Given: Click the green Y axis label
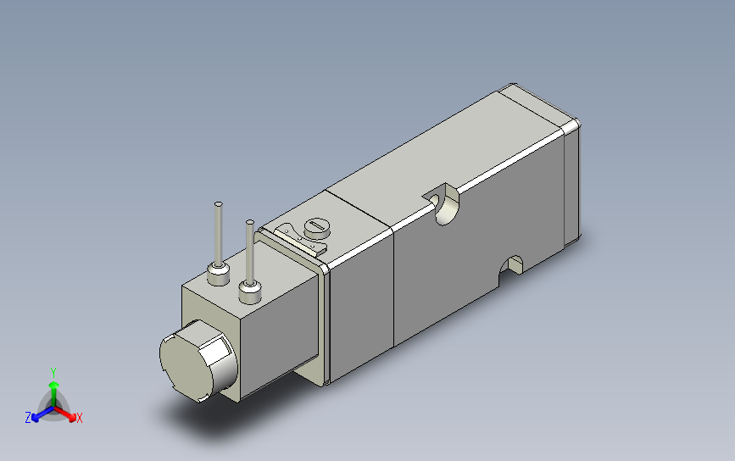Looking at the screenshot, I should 53,372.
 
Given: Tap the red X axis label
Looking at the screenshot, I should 80,418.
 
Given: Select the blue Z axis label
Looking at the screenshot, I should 28,418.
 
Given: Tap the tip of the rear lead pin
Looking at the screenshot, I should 219,204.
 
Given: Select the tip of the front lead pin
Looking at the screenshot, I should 249,223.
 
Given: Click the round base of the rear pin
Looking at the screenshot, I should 219,273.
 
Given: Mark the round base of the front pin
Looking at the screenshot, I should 249,292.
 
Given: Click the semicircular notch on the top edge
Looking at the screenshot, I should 442,204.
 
